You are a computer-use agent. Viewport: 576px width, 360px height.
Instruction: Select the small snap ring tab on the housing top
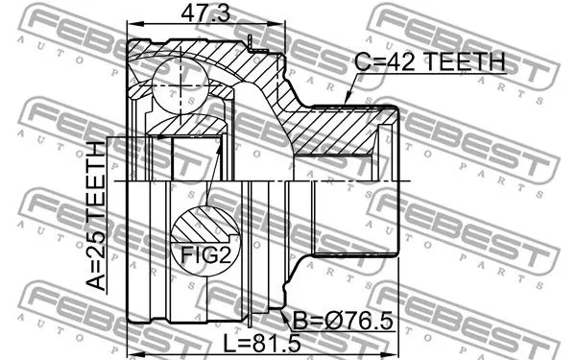coord(253,40)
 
